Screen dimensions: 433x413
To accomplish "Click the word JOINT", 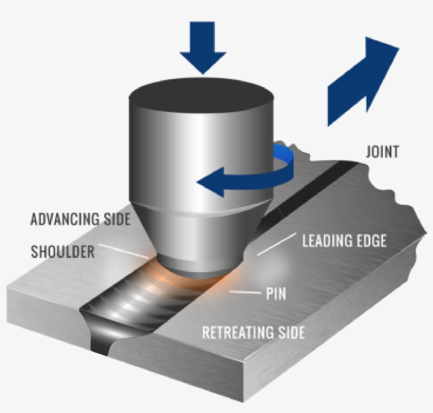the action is pyautogui.click(x=382, y=153).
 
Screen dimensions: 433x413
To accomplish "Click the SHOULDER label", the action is pyautogui.click(x=62, y=251).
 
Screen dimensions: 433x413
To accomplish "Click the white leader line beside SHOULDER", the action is pyautogui.click(x=124, y=251).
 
